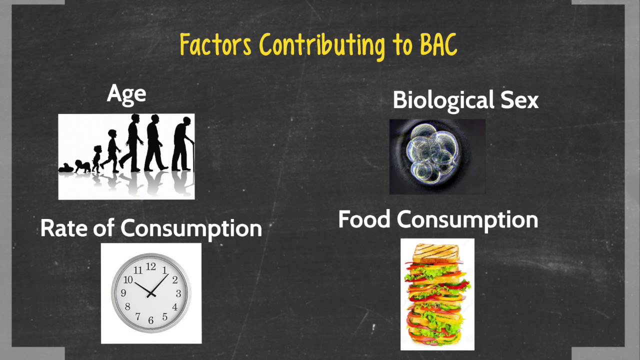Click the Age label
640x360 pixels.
pyautogui.click(x=126, y=94)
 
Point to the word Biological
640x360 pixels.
pyautogui.click(x=437, y=100)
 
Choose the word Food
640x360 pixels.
pyautogui.click(x=364, y=219)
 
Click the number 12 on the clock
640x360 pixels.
pyautogui.click(x=151, y=266)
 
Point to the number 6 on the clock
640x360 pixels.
pyautogui.click(x=151, y=319)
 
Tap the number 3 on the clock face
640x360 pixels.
pyautogui.click(x=178, y=293)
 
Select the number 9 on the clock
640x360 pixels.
pyautogui.click(x=123, y=293)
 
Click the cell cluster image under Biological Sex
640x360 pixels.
pyautogui.click(x=437, y=156)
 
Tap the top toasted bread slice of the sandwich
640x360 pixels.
pyautogui.click(x=437, y=249)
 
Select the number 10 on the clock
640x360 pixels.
pyautogui.click(x=128, y=280)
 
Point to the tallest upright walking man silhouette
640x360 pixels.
pyautogui.click(x=133, y=142)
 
